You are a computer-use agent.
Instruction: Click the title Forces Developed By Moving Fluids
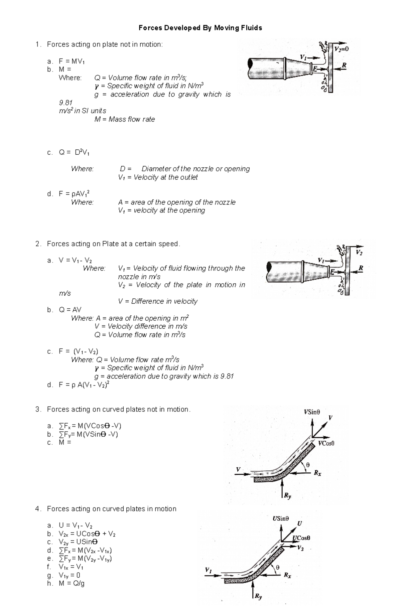click(x=200, y=28)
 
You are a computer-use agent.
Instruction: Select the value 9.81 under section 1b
click(x=65, y=103)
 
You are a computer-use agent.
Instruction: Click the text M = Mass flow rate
click(x=125, y=119)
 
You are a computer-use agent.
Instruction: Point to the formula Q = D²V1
click(x=74, y=153)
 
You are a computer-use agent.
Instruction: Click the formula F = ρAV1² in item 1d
click(x=74, y=194)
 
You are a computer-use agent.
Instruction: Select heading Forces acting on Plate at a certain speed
click(x=113, y=244)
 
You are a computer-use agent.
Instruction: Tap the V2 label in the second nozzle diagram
click(x=359, y=253)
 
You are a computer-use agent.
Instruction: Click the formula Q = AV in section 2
click(x=70, y=310)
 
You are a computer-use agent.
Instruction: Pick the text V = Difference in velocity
click(x=158, y=301)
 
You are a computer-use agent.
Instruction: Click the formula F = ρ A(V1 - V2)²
click(x=84, y=385)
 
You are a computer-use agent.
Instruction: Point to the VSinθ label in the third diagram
click(x=311, y=412)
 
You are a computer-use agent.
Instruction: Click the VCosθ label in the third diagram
click(x=326, y=443)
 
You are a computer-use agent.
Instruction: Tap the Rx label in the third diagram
click(x=317, y=473)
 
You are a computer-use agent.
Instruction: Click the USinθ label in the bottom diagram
click(x=280, y=518)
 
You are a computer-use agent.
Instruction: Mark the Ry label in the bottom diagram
click(x=258, y=597)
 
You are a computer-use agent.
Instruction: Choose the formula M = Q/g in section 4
click(x=72, y=584)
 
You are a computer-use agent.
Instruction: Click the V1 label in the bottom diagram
click(x=208, y=570)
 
